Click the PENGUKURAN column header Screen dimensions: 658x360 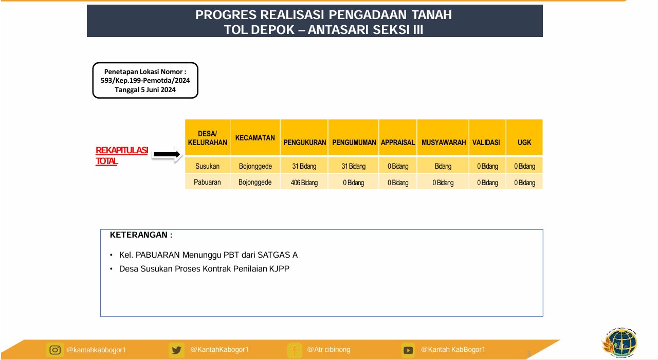[x=305, y=142]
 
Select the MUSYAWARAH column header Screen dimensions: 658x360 [x=444, y=142]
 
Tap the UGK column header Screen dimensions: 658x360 [x=524, y=142]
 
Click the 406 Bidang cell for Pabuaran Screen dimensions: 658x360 [x=304, y=183]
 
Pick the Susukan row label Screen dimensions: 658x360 [x=207, y=166]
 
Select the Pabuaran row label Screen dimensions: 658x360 [x=207, y=182]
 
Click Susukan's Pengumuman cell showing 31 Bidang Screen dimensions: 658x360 [x=353, y=166]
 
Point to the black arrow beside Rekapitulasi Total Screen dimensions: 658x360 [x=167, y=154]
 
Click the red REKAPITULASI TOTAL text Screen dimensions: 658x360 [x=122, y=156]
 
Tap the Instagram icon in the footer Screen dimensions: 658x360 [x=55, y=350]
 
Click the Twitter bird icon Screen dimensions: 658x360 [x=176, y=350]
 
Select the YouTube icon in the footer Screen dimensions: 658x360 [x=408, y=350]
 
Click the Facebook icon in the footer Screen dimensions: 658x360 [x=295, y=350]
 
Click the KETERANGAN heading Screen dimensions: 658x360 [x=141, y=235]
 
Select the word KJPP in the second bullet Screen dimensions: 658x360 [x=279, y=268]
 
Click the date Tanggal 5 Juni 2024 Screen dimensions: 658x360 [x=145, y=89]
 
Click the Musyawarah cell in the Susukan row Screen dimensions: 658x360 [x=443, y=166]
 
